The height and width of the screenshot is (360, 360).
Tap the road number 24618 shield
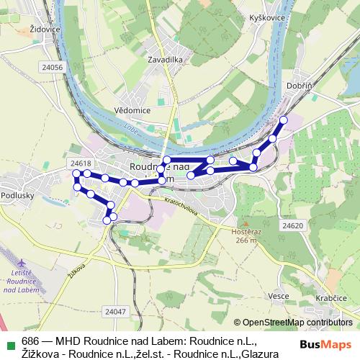81,163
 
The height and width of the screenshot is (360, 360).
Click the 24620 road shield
292,225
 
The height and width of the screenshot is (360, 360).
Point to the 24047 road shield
114,312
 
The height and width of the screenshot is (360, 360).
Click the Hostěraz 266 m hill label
245,235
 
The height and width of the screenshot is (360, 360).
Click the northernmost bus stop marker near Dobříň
284,120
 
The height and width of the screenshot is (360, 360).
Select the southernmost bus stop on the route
107,220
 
